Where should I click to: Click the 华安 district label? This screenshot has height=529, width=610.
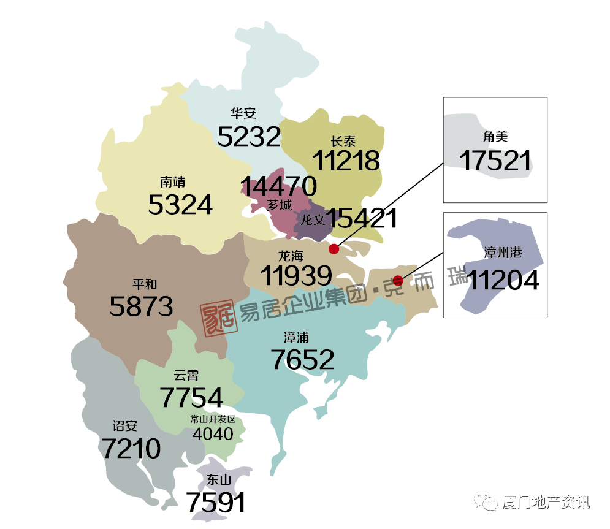coord(243,113)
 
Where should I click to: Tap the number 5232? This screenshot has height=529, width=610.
coord(249,136)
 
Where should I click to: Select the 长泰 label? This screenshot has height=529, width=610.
coord(343,140)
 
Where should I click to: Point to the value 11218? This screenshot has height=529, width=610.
coord(346,161)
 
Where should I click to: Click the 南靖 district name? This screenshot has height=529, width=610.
coord(173,182)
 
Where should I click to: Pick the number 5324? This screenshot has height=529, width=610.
coord(180,205)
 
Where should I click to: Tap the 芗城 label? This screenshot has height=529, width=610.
coord(280,205)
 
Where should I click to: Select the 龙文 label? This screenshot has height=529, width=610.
coord(312,219)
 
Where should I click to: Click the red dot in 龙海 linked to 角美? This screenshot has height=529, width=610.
coord(334,249)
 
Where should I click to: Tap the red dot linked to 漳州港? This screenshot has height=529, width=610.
coord(398,281)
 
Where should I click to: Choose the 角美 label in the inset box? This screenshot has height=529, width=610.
coord(495,137)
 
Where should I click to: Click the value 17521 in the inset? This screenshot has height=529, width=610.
coord(495,161)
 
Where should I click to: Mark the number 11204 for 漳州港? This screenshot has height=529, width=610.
coord(503,280)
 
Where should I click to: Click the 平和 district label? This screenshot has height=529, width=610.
coord(145,284)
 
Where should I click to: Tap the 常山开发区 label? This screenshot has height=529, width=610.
coord(213,419)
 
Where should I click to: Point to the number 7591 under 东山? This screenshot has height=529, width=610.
coord(216,503)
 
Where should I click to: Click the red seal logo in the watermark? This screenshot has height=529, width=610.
coord(219,316)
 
